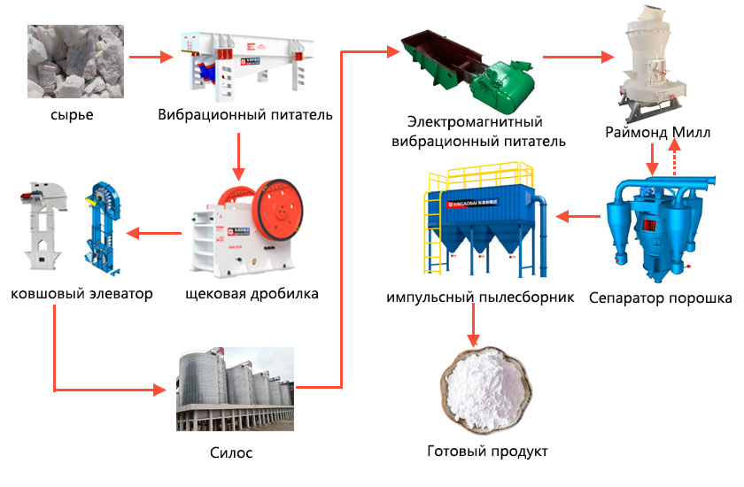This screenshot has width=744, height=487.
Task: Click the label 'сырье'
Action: pyautogui.click(x=72, y=115)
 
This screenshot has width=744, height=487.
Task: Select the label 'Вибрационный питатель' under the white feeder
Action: pyautogui.click(x=245, y=115)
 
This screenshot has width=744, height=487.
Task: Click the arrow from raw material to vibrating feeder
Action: pyautogui.click(x=149, y=58)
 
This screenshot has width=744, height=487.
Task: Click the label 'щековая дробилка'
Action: pyautogui.click(x=252, y=293)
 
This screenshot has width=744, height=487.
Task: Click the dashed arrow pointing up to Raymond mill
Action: pyautogui.click(x=675, y=159)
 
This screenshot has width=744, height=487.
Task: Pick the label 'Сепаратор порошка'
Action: pyautogui.click(x=660, y=298)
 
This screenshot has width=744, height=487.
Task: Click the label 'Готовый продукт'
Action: pyautogui.click(x=487, y=452)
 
